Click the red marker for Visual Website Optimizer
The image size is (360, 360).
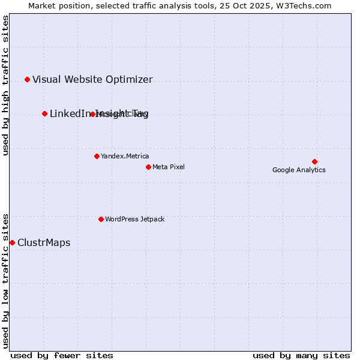click(x=27, y=79)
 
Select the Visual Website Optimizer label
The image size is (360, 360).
click(x=92, y=79)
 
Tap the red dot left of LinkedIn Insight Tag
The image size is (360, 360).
click(x=44, y=113)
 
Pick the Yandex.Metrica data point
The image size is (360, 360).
click(x=97, y=156)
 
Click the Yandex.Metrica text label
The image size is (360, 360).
click(x=125, y=156)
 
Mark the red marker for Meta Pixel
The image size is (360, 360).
click(x=148, y=167)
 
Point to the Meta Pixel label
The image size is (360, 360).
click(x=169, y=167)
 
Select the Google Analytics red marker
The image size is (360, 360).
click(x=314, y=161)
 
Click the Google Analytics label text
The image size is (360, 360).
click(x=299, y=170)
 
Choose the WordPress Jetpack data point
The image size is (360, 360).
click(x=101, y=219)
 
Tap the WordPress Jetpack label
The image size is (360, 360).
click(x=134, y=219)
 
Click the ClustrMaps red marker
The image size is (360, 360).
click(x=12, y=242)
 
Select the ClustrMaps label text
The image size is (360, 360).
click(x=44, y=242)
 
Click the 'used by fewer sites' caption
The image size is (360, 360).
click(x=62, y=355)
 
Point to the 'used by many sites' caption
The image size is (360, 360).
click(x=301, y=355)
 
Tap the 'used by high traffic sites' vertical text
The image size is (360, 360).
click(x=5, y=85)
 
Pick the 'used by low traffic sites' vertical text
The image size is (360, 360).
click(x=5, y=280)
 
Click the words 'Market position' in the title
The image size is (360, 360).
click(x=56, y=5)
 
